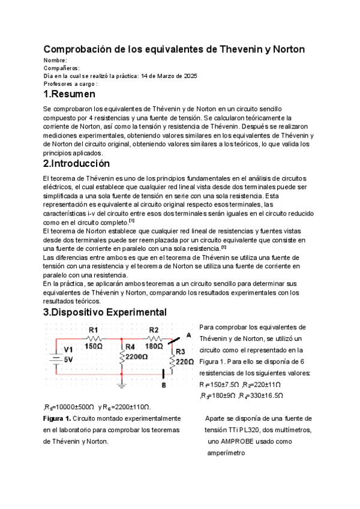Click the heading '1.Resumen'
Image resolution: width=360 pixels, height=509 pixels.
(69, 95)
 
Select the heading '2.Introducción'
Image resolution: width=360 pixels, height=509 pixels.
(76, 163)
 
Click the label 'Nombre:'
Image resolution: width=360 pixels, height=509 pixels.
(55, 61)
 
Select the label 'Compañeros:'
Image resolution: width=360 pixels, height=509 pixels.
(62, 68)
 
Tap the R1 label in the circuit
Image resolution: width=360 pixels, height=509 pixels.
(94, 330)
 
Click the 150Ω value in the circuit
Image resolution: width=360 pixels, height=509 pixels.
(94, 346)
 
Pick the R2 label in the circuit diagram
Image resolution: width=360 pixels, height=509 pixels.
(154, 330)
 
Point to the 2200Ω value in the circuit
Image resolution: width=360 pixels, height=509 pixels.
(137, 357)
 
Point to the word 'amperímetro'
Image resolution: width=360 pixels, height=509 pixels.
(227, 453)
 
